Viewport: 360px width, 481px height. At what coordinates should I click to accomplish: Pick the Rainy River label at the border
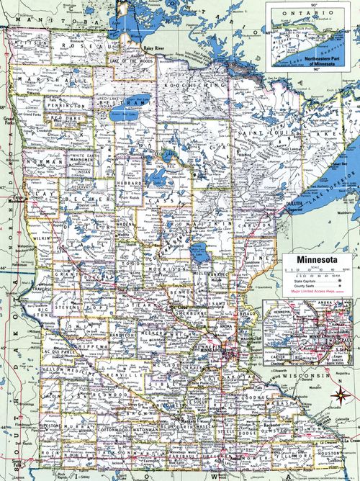(150, 48)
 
